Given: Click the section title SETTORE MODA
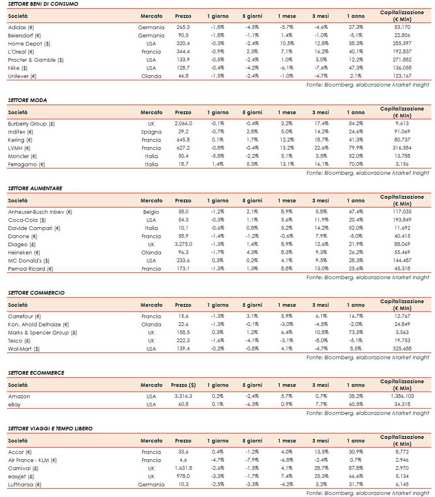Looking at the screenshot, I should point(27,100).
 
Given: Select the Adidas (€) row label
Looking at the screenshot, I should point(21,27).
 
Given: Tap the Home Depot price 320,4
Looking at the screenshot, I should point(183,43).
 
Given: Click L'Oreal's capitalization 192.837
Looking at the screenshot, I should point(402,52).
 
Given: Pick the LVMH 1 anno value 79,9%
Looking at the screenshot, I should point(355,148).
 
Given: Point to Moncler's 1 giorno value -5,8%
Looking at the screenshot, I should point(218,156).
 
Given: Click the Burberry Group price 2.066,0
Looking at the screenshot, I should point(183,124).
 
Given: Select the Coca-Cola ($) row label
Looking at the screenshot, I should point(27,220).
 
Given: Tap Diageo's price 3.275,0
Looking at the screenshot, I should point(183,244).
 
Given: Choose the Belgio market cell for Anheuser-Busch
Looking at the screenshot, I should point(151,212).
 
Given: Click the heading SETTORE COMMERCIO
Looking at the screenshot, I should point(36,293).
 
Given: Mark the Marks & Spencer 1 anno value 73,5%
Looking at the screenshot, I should point(355,332).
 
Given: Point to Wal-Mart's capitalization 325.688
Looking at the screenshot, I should point(402,349).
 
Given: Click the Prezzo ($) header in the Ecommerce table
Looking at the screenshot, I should point(183,385).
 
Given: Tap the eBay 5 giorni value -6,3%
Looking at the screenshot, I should point(252,404).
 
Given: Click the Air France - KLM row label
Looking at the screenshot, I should point(32,460).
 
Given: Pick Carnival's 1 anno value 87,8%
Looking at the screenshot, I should point(355,468).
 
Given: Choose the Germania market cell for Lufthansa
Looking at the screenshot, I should point(151,484).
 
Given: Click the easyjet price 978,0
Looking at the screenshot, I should point(183,476).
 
